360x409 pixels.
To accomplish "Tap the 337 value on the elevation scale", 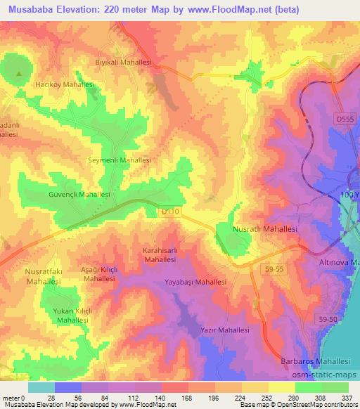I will (347, 398).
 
